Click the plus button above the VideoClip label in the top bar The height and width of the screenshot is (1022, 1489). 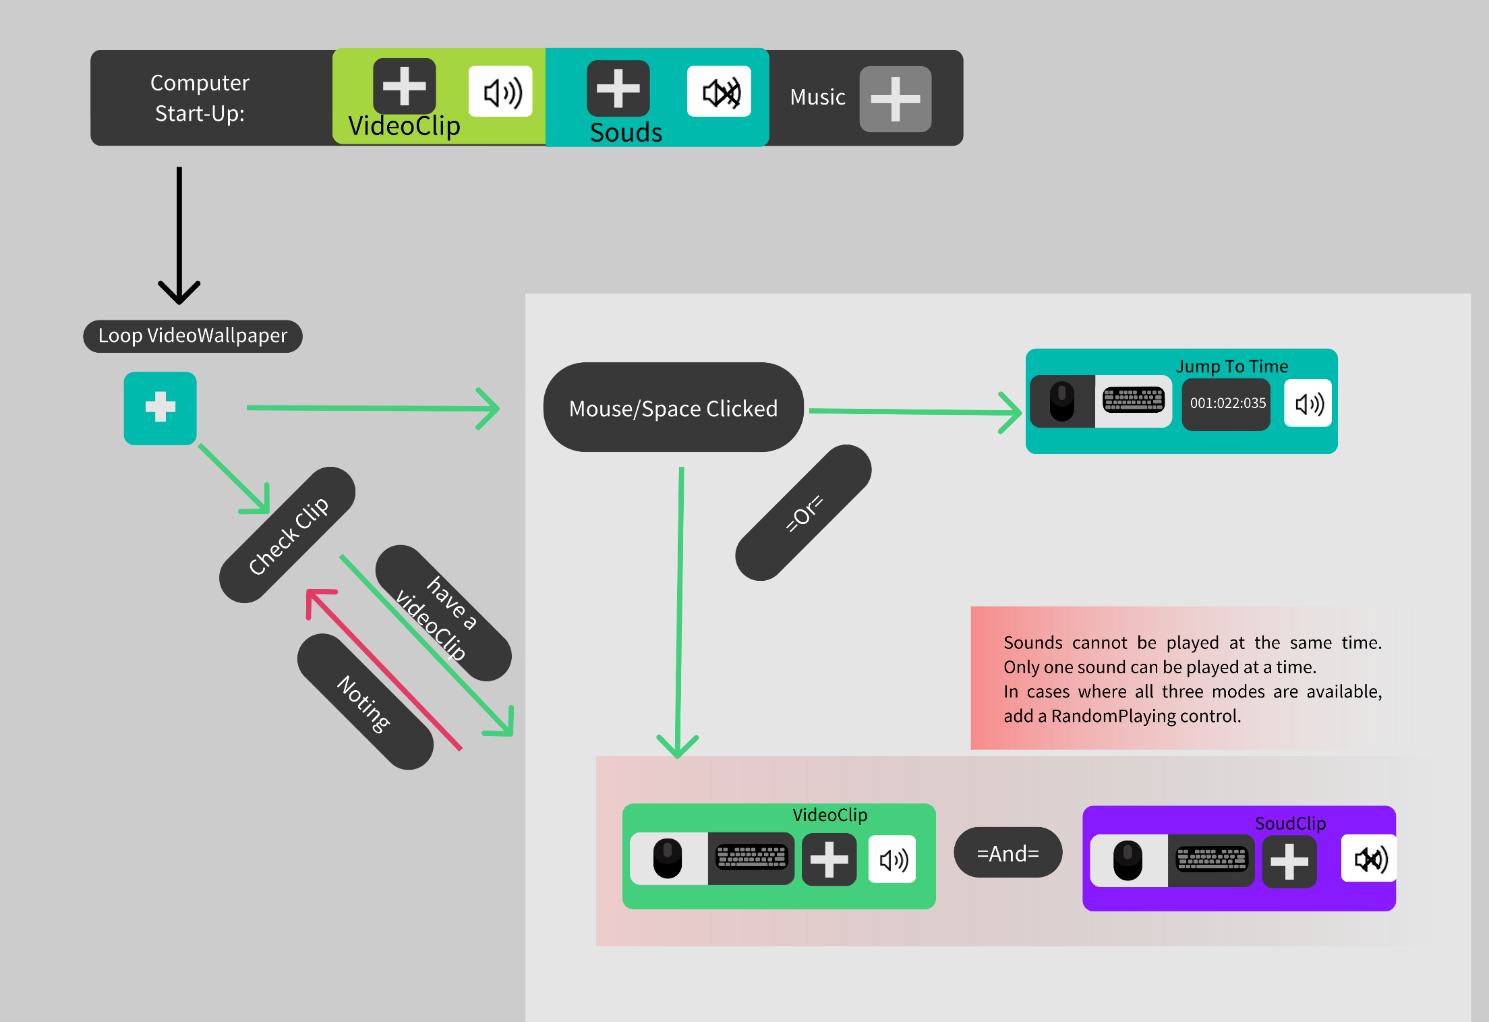point(405,86)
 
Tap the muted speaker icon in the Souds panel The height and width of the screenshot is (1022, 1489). point(720,92)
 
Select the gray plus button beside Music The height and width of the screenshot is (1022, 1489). point(895,98)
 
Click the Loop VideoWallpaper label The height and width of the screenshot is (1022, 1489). point(193,336)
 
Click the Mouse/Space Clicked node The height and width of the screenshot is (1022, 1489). point(673,408)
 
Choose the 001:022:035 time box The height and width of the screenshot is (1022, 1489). point(1227,403)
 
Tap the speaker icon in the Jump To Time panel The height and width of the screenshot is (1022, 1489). point(1308,403)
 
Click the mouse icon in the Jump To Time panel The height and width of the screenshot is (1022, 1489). point(1062,401)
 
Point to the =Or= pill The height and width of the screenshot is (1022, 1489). point(804,513)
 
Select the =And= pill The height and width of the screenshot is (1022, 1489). point(1008,853)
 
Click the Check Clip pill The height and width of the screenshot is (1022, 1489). point(288,534)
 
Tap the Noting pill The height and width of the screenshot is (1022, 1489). point(365,702)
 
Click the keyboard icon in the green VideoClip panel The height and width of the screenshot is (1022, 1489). point(751,858)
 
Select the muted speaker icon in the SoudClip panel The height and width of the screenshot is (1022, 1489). point(1369,859)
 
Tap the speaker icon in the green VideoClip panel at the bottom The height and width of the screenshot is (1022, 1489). point(893,859)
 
